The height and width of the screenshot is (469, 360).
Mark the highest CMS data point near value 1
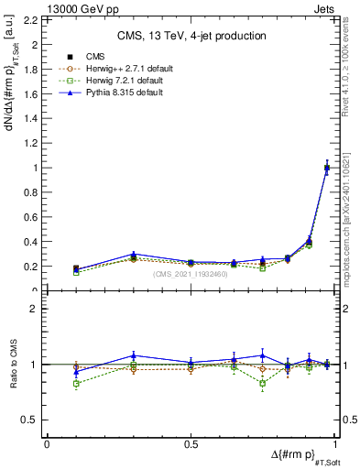[327, 168]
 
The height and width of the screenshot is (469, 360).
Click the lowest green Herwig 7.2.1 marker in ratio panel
[76, 383]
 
